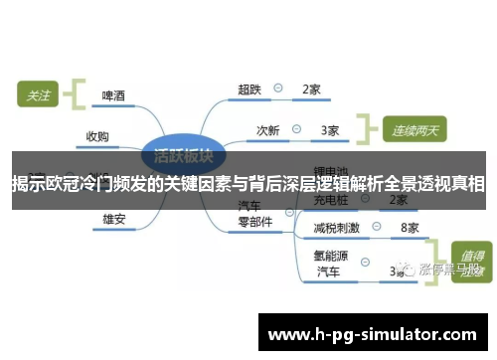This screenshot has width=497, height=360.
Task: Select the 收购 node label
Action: pos(97,136)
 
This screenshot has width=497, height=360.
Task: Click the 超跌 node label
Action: pos(248,90)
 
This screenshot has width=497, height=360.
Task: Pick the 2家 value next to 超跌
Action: pos(311,90)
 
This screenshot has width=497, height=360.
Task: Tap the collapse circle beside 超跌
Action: pos(278,90)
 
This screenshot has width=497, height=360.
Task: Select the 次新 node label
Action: pos(268,130)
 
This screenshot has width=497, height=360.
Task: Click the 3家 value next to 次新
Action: pos(330,130)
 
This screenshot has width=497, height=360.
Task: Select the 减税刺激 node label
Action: pos(336,228)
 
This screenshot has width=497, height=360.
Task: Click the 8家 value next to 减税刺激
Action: pos(409,228)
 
